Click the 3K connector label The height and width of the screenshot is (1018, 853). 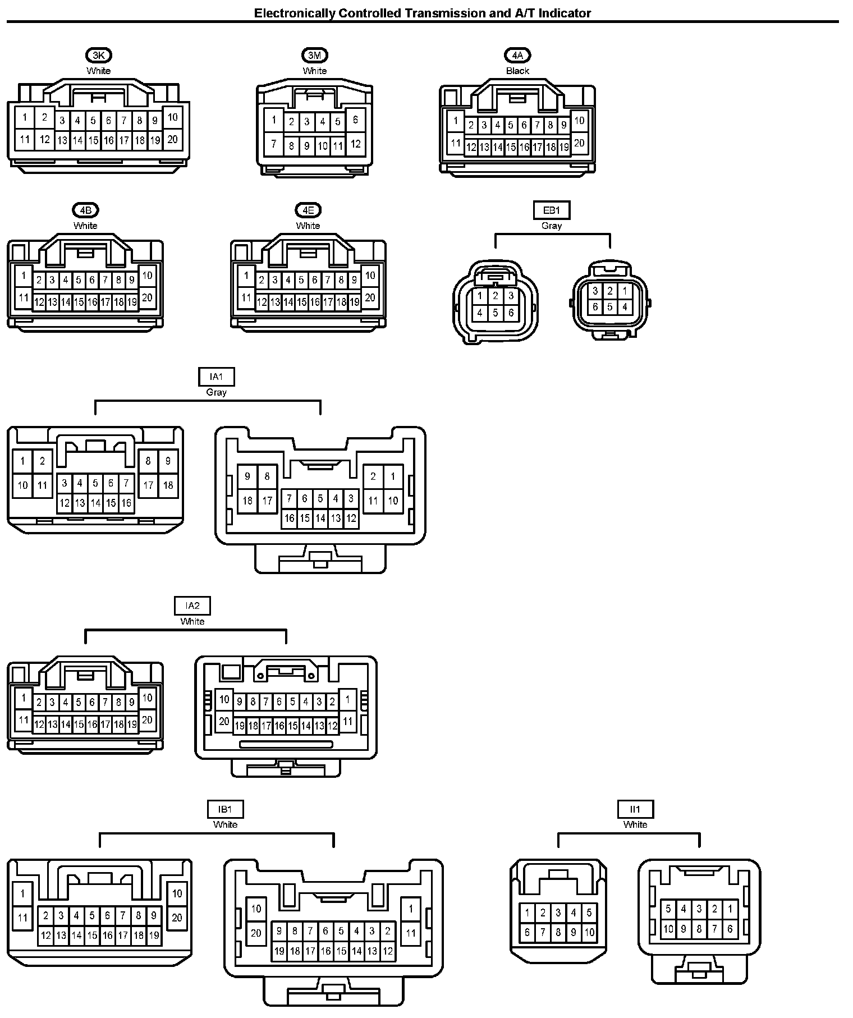[99, 55]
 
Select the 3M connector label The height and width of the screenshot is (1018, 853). [314, 55]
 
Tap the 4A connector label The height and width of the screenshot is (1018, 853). [517, 55]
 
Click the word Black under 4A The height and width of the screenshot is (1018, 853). [517, 71]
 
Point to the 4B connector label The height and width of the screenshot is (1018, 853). [85, 210]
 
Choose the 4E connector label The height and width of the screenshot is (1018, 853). [308, 210]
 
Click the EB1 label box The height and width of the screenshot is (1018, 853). [551, 210]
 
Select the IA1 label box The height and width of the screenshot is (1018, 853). [216, 377]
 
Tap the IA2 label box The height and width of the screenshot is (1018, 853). [192, 606]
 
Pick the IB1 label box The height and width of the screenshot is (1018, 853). [225, 809]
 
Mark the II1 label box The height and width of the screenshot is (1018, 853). [635, 809]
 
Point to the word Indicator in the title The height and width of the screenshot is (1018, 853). [565, 13]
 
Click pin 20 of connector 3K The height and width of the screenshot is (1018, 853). [172, 139]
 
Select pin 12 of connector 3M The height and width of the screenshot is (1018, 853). [355, 144]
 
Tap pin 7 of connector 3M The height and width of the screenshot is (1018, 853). [274, 144]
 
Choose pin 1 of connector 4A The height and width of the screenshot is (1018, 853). [456, 121]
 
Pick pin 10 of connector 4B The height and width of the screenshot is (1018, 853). [147, 276]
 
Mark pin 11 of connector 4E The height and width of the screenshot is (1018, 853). [246, 297]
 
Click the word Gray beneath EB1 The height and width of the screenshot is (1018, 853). [551, 226]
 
